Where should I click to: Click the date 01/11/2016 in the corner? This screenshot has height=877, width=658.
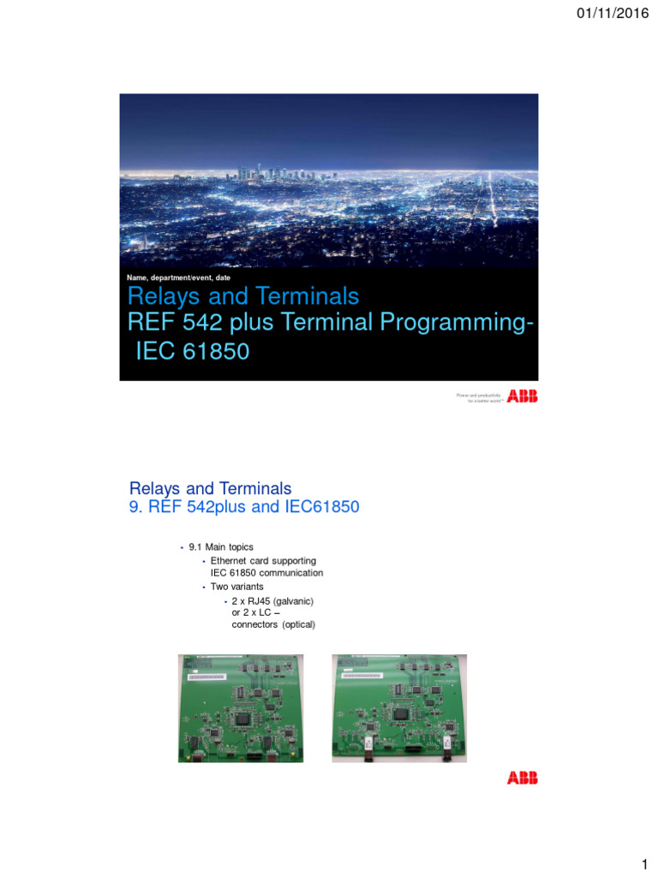click(613, 13)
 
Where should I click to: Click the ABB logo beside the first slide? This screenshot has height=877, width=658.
click(523, 396)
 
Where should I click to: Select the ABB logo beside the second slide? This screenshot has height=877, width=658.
click(523, 778)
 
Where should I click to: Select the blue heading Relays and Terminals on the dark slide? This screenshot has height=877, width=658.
click(242, 297)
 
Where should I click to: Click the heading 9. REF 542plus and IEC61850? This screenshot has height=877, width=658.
click(243, 508)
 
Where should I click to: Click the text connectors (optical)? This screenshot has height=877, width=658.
click(273, 624)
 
